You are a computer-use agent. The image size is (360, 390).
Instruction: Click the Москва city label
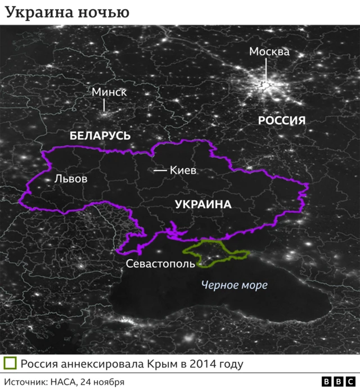269,52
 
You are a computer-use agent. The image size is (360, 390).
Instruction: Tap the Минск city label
110,92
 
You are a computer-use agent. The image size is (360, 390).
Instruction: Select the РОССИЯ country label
281,120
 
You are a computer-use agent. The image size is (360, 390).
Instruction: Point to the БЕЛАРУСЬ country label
100,136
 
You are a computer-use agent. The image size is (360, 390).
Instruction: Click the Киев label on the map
183,170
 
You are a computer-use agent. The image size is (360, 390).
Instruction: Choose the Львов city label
71,179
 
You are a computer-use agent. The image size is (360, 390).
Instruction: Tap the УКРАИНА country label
203,204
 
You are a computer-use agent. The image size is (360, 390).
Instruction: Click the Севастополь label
160,263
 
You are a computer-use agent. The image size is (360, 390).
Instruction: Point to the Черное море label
234,285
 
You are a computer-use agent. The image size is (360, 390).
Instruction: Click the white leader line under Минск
104,105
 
